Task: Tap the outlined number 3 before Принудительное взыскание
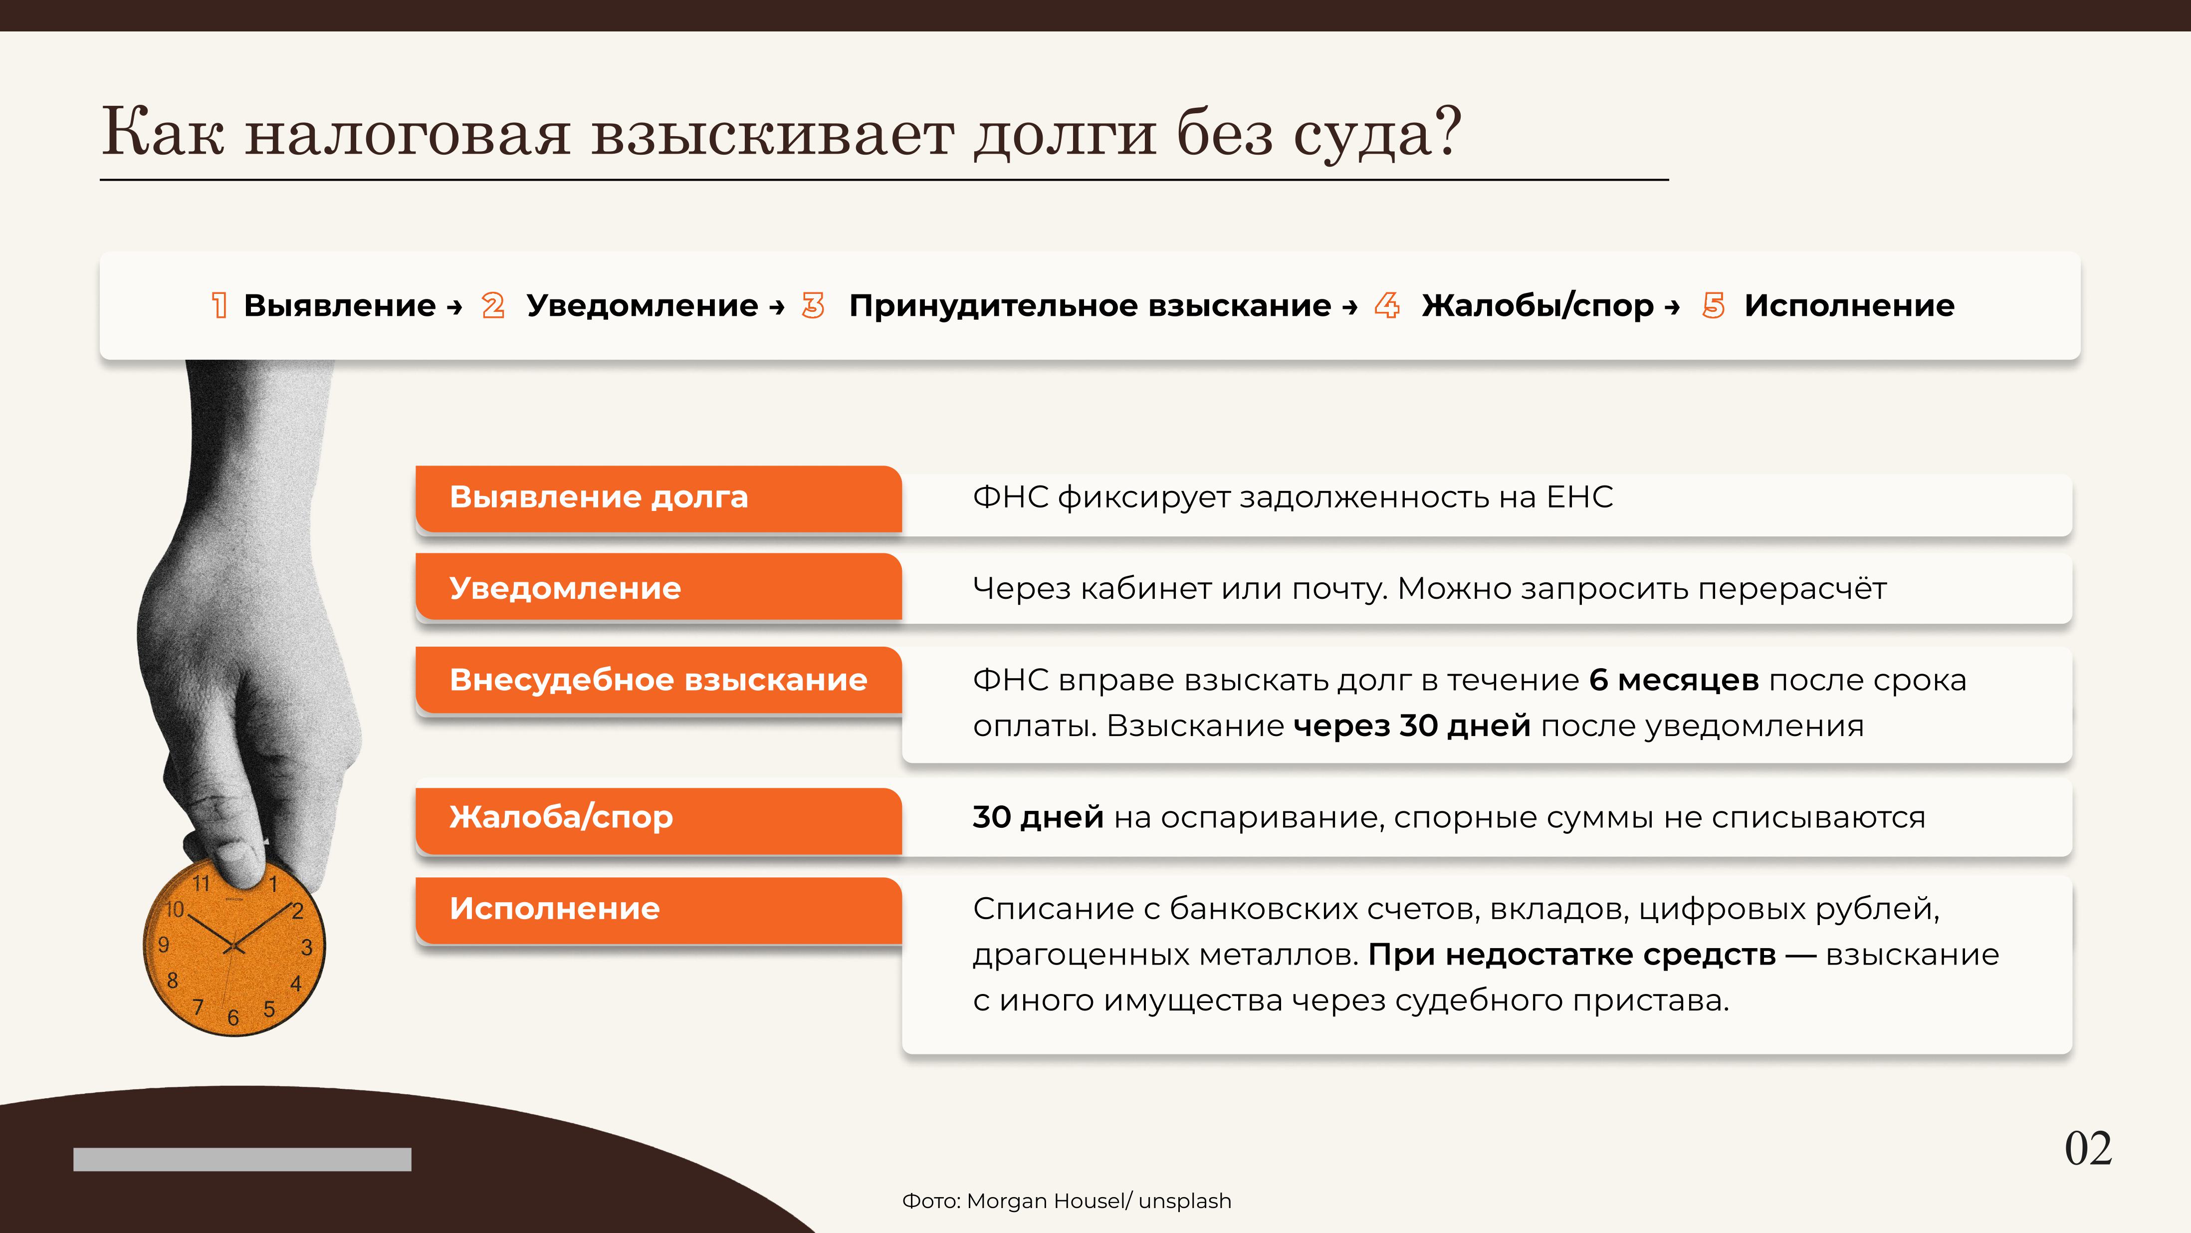(x=813, y=305)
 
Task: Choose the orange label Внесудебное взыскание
(x=658, y=681)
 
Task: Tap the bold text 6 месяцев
(x=1673, y=681)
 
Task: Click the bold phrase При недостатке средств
(x=1572, y=955)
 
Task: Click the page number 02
(x=2088, y=1149)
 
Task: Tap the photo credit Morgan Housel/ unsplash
(x=1099, y=1201)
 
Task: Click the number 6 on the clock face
(x=233, y=1018)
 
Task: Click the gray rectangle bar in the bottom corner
(x=242, y=1159)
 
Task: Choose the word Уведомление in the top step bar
(x=642, y=305)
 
